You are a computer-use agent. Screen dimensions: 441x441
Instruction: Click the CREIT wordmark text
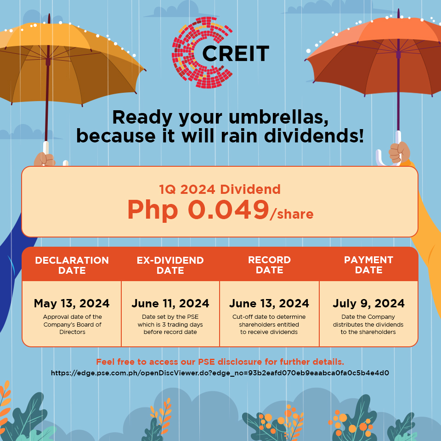(235, 53)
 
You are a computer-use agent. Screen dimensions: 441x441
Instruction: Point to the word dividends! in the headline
(314, 136)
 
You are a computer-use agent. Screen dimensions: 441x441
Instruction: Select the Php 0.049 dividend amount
(198, 209)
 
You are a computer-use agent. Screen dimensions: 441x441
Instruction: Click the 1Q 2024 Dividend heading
(220, 189)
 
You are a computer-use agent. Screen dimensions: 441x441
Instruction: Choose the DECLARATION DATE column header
(72, 265)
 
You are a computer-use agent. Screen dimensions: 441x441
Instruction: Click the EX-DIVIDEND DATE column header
(170, 265)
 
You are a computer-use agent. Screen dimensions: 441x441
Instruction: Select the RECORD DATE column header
(270, 265)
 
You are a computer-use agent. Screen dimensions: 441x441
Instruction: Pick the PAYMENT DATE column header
(368, 265)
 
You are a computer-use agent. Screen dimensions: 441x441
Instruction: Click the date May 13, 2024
(72, 304)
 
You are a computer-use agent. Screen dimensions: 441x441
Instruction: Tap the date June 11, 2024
(170, 304)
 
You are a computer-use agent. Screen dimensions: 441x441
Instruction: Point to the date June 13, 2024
(269, 304)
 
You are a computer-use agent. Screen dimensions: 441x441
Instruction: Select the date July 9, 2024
(368, 304)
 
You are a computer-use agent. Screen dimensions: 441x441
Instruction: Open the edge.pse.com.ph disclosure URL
(220, 373)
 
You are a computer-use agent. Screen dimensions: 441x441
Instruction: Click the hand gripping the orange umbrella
(399, 153)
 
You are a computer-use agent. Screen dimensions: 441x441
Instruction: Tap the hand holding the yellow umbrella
(44, 159)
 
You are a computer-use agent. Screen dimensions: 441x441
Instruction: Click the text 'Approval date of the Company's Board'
(72, 321)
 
